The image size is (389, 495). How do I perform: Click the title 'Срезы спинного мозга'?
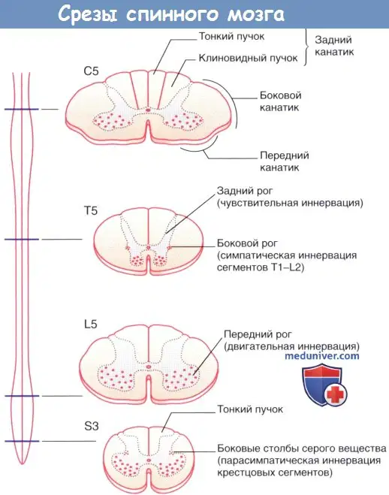171,14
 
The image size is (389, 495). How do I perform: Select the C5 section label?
91,71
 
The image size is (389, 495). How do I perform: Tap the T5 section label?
91,210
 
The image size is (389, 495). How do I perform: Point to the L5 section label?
91,324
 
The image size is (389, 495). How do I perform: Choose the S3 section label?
92,427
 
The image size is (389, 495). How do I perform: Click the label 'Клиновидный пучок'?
248,58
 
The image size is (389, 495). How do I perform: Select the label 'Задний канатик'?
334,46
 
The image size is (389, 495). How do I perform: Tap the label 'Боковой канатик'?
280,101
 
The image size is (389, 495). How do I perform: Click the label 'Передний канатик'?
285,161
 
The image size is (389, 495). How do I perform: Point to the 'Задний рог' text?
245,191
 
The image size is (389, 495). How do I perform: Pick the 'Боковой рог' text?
247,243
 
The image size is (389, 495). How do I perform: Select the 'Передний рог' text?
258,334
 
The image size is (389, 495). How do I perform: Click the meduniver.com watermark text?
322,356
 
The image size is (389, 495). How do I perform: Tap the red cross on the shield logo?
335,394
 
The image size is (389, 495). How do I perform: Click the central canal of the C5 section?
148,110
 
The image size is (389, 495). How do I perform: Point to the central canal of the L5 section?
149,367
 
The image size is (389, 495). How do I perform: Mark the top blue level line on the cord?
22,109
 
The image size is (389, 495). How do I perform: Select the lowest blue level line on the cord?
22,441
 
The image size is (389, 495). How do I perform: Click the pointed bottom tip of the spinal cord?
22,463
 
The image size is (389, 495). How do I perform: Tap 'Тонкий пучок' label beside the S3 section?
250,409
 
